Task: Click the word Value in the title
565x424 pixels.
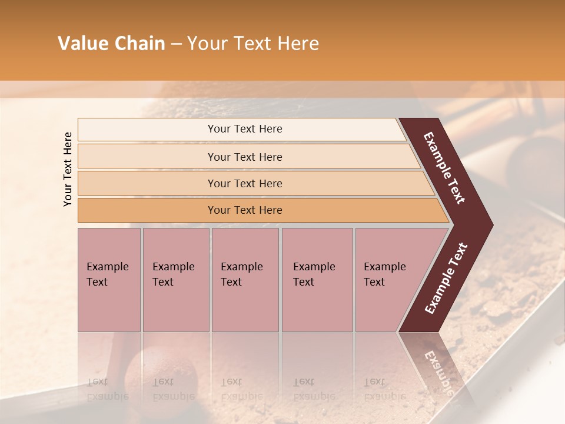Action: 82,44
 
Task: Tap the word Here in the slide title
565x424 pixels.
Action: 298,44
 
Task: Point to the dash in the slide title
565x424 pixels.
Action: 176,44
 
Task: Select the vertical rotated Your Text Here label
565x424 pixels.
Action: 68,169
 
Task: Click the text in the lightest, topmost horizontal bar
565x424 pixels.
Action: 245,129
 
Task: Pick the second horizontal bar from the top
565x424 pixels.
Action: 245,157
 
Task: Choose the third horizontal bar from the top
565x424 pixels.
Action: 245,183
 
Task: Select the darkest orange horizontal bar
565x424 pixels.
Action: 245,210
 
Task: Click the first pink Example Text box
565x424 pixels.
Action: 109,280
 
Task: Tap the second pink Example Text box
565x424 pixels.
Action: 175,280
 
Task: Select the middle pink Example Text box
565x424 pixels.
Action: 245,280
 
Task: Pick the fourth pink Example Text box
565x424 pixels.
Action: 317,280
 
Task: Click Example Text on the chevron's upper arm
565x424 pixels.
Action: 444,168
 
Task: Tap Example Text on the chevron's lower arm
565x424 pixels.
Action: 446,279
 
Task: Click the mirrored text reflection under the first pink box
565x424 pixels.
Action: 107,389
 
